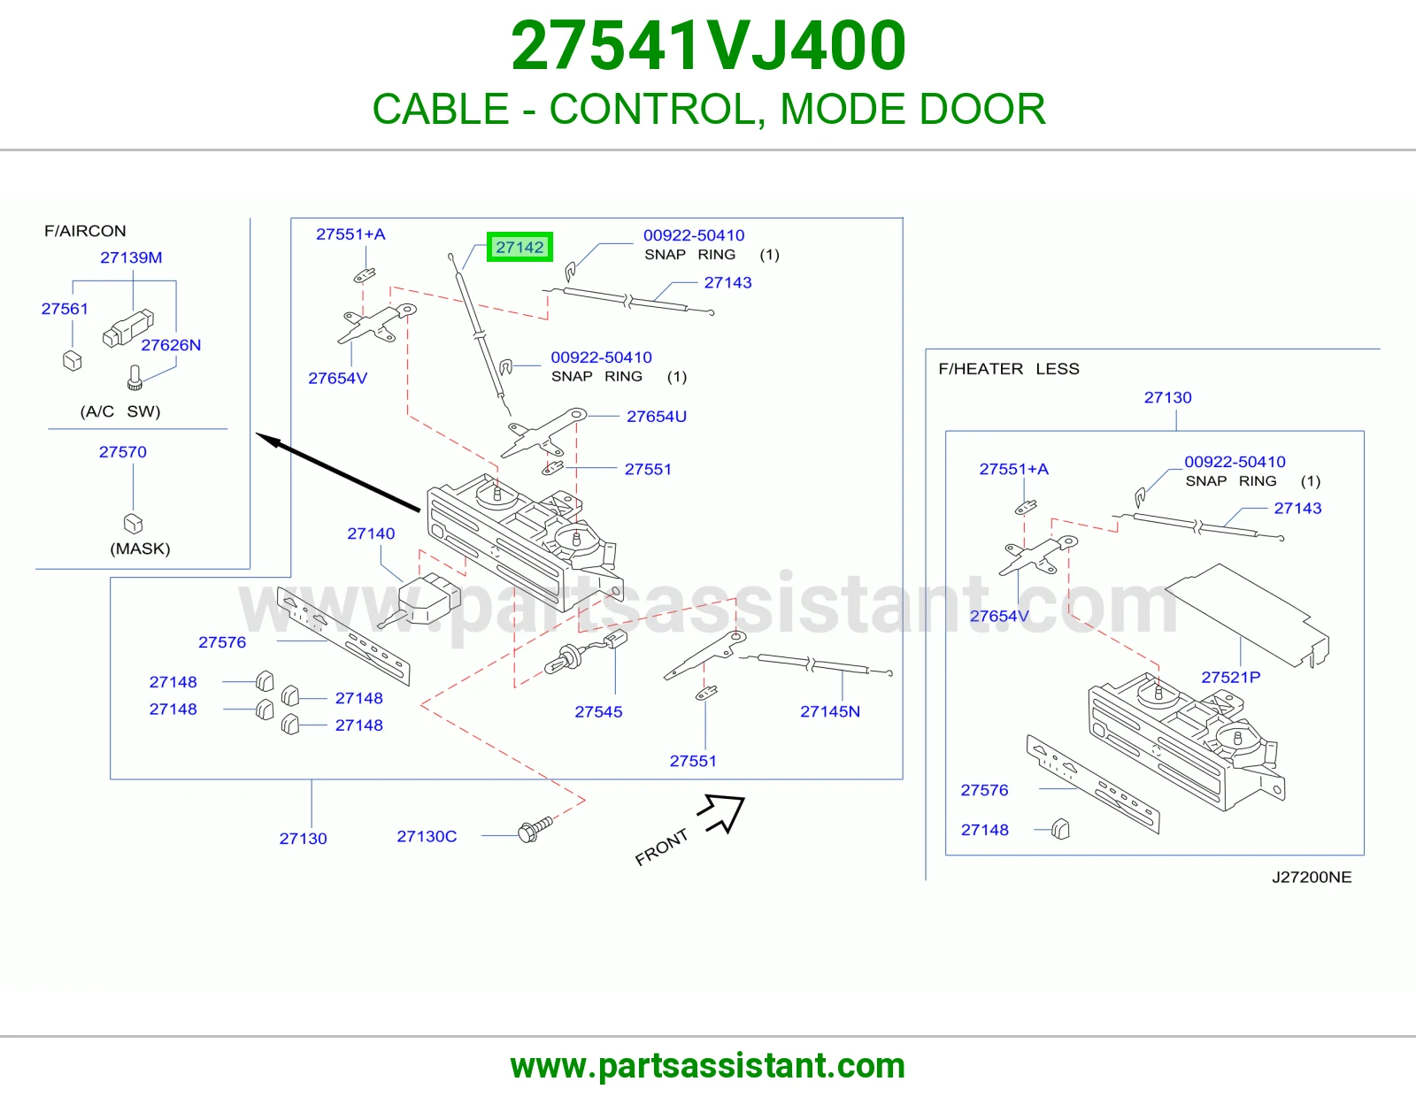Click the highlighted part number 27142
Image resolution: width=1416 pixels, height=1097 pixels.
click(519, 247)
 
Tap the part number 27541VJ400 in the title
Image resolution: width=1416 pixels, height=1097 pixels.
click(708, 46)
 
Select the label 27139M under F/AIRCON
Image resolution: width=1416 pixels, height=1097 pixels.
click(131, 257)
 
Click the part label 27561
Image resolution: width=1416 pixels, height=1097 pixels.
click(65, 309)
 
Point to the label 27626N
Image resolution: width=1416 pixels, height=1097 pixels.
click(171, 345)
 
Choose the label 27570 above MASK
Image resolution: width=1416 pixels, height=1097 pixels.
click(122, 451)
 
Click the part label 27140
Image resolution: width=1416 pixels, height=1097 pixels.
click(371, 533)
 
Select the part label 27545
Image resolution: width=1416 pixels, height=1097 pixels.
click(598, 711)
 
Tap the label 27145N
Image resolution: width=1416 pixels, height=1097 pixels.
click(829, 711)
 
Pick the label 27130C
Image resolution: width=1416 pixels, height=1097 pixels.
click(427, 836)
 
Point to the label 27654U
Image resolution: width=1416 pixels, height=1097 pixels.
click(656, 417)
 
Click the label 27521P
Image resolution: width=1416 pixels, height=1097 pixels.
click(1230, 677)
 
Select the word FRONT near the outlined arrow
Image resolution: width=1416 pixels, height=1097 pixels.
click(661, 847)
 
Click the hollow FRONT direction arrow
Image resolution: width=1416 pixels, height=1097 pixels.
click(722, 812)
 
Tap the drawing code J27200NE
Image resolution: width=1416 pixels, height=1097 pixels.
click(1311, 877)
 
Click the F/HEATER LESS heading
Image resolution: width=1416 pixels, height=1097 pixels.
click(1009, 369)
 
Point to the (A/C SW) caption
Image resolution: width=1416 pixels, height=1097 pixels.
click(119, 411)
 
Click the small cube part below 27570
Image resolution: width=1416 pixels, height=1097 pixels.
click(133, 523)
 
